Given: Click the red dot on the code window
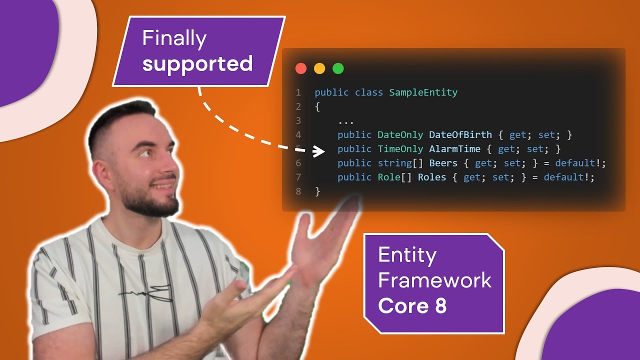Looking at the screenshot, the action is pos(301,68).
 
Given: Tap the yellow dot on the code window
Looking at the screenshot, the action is pos(319,68).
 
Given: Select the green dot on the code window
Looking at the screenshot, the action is pos(338,68).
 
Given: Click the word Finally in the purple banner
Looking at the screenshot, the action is pos(174,39).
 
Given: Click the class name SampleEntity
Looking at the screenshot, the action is pos(423,92).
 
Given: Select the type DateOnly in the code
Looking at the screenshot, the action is pos(400,135).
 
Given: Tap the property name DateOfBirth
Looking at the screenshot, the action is pos(460,134).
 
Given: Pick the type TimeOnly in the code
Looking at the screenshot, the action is pos(400,149).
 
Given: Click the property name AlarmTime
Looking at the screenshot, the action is pos(454,149).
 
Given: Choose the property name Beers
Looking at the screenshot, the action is pos(443,163).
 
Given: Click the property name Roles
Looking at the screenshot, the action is pos(431,177).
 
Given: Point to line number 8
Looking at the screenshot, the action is pos(298,191).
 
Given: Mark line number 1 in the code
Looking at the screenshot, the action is pos(298,92).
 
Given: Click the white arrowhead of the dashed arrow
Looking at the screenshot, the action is pos(318,151).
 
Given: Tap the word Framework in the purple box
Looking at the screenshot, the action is pos(434,280).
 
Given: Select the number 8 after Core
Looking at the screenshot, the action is pos(440,305).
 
